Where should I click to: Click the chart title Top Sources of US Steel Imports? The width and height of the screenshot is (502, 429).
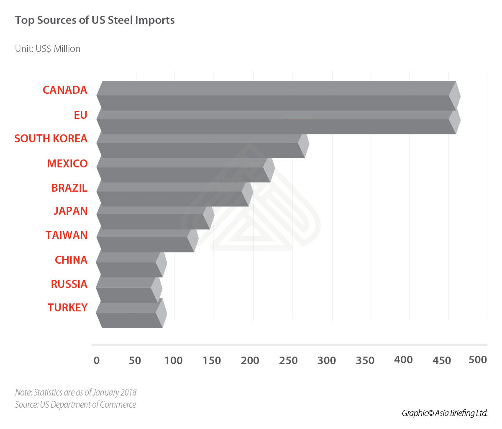95,21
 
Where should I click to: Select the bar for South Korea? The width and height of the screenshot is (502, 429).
201,146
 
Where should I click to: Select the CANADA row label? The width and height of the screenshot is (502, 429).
65,90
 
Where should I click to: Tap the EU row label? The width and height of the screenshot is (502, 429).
80,115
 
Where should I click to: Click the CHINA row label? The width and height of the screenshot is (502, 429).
71,260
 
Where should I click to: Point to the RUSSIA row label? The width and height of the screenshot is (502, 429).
69,284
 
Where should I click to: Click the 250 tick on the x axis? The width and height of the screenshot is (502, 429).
288,360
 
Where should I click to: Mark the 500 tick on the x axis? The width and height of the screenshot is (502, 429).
478,360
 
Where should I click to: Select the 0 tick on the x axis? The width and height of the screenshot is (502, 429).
97,360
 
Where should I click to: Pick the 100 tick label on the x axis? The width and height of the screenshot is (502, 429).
173,360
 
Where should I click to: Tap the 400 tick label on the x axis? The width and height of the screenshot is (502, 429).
403,360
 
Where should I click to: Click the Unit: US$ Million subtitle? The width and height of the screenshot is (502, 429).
48,49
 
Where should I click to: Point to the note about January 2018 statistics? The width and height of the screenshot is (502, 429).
76,393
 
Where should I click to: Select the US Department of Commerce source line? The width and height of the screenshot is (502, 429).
76,405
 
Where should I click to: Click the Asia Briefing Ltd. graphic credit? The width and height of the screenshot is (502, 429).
444,413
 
